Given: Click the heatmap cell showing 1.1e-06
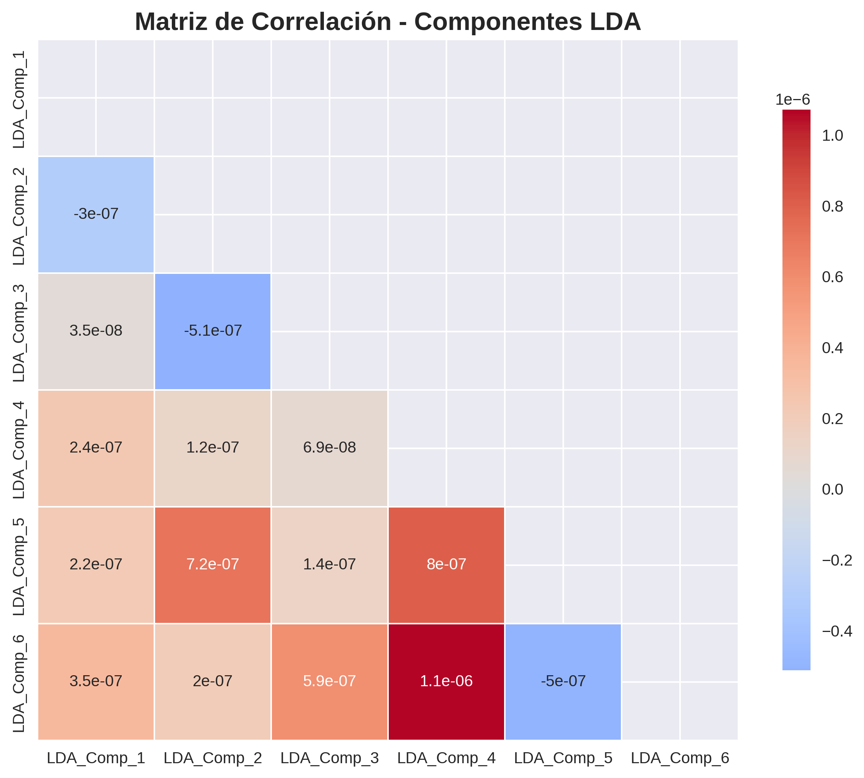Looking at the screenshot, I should (446, 681).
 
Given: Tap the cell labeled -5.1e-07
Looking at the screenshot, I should (212, 330).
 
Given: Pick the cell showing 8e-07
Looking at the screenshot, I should (446, 564).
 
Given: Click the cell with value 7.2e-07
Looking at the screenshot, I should (212, 564).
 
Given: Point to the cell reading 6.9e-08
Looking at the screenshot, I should (329, 448).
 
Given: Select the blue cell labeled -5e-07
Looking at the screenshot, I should (562, 681).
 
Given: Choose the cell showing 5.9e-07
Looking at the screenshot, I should (329, 681).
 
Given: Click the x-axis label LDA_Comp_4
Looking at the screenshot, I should (446, 758).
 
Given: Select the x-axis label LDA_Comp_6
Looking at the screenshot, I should (680, 758).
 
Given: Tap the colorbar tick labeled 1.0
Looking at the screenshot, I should (832, 136).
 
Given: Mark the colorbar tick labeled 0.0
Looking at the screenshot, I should (832, 489).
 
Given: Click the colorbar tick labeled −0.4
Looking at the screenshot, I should (837, 631).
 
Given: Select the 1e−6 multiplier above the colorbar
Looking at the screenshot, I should (793, 100).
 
